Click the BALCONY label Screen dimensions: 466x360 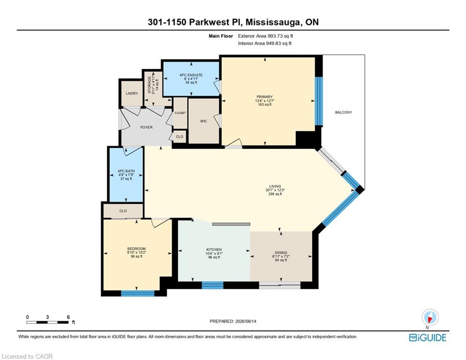coord(343,112)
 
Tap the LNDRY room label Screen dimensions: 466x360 coord(132,93)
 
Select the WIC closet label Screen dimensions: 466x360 coord(204,121)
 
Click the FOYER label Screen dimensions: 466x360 coord(146,127)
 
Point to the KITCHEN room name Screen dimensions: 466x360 coord(214,250)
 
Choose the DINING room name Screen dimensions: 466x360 coord(281,253)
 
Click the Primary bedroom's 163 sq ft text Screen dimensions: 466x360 coord(265,105)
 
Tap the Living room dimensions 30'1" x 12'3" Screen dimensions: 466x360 coord(275,190)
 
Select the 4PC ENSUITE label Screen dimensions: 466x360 coord(191,75)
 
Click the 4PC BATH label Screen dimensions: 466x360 coord(126,171)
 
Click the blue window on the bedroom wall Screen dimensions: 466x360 coord(138,293)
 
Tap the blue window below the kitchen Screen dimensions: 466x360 coord(213,285)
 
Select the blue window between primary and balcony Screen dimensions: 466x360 coord(318,101)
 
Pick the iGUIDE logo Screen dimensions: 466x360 coord(428,337)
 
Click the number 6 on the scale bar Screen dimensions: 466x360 coord(68,317)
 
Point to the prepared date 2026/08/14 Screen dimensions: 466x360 coord(245,321)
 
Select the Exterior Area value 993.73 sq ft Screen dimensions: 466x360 coord(280,36)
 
